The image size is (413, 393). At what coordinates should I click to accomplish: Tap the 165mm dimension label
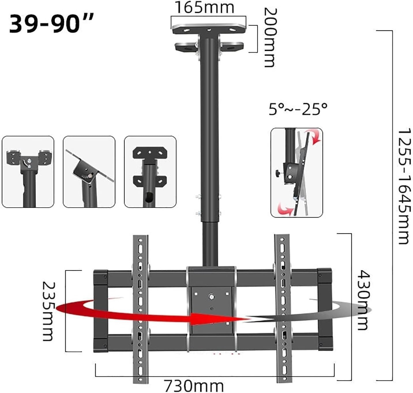pyautogui.click(x=204, y=7)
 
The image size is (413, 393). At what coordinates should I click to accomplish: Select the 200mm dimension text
pyautogui.click(x=270, y=37)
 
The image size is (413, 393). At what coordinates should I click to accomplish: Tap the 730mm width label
pyautogui.click(x=194, y=385)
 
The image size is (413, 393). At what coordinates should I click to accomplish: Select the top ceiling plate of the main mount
pyautogui.click(x=208, y=29)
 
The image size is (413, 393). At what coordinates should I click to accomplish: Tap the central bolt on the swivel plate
pyautogui.click(x=211, y=296)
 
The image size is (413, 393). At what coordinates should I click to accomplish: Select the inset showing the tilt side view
pyautogui.click(x=296, y=172)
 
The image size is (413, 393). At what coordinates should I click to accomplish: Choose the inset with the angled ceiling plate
pyautogui.click(x=89, y=172)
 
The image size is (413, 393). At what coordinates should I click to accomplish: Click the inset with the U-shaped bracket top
pyautogui.click(x=28, y=172)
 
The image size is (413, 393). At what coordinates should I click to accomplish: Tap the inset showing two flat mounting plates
pyautogui.click(x=150, y=172)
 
